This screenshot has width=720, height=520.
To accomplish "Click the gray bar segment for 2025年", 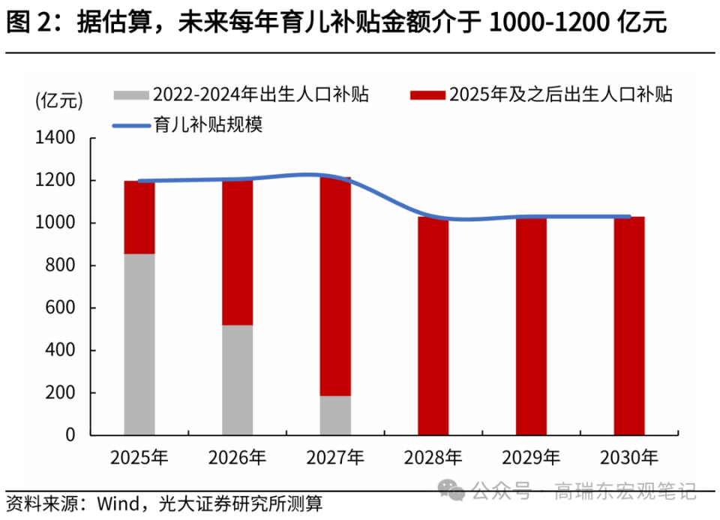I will pos(139,344).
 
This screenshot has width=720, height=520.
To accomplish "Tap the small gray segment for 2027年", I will pos(335,415).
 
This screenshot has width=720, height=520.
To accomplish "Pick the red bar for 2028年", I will pos(433,326).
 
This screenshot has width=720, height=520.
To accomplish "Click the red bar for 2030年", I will pos(628,326).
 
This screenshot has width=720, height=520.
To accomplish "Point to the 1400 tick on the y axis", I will pos(55,139).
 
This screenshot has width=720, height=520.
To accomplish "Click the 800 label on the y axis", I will pos(60,266).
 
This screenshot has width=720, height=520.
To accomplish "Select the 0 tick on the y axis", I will pos(70,435).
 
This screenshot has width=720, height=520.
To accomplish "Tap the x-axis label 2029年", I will pos(531,457).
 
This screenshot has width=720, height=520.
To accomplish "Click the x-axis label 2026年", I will pos(237,457).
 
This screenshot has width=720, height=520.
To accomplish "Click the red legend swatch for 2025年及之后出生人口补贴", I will pos(428,95).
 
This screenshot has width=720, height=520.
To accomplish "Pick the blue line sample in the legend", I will pos(131,125).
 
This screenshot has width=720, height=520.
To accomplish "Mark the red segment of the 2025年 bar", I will pos(139,217).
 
